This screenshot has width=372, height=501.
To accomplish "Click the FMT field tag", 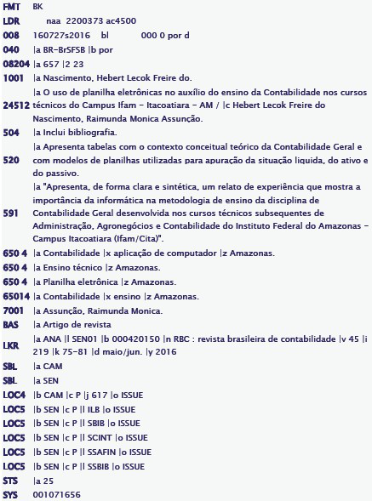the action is point(11,6).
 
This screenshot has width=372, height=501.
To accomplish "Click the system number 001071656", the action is point(57,494).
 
